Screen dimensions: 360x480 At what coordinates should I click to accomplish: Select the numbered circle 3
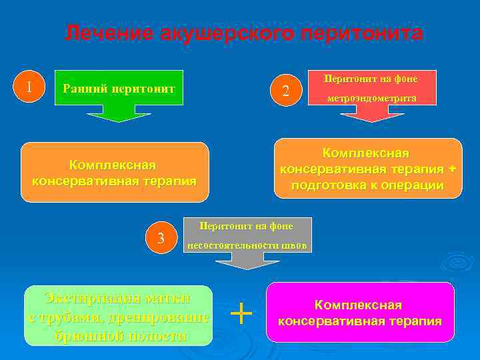(x=161, y=237)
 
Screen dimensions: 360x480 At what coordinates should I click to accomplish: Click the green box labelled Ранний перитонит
(x=119, y=87)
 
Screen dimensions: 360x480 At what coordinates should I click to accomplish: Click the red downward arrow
(x=371, y=114)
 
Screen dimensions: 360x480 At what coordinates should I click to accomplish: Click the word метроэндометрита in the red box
(x=371, y=97)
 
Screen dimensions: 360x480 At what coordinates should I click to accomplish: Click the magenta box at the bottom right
(x=359, y=313)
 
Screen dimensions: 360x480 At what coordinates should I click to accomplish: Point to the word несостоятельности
(x=231, y=245)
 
